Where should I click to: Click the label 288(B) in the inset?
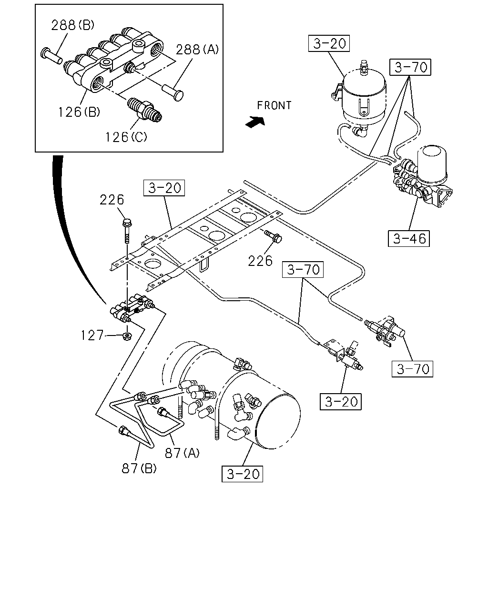pyautogui.click(x=72, y=25)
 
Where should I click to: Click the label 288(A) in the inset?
pyautogui.click(x=197, y=50)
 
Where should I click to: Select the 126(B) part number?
pyautogui.click(x=79, y=112)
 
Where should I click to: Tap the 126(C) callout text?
pyautogui.click(x=126, y=137)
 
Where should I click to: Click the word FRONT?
pyautogui.click(x=274, y=105)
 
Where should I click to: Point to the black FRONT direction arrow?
pyautogui.click(x=255, y=122)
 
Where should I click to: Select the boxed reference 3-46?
pyautogui.click(x=408, y=238)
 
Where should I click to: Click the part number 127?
pyautogui.click(x=92, y=335)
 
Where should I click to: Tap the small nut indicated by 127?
pyautogui.click(x=127, y=336)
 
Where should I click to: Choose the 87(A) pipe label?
pyautogui.click(x=182, y=453)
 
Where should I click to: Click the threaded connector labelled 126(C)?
pyautogui.click(x=144, y=110)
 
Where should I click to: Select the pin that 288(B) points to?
pyautogui.click(x=51, y=56)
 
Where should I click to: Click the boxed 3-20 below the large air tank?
pyautogui.click(x=242, y=474)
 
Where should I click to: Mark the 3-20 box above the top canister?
pyautogui.click(x=329, y=43)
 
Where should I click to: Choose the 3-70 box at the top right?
pyautogui.click(x=410, y=67)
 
